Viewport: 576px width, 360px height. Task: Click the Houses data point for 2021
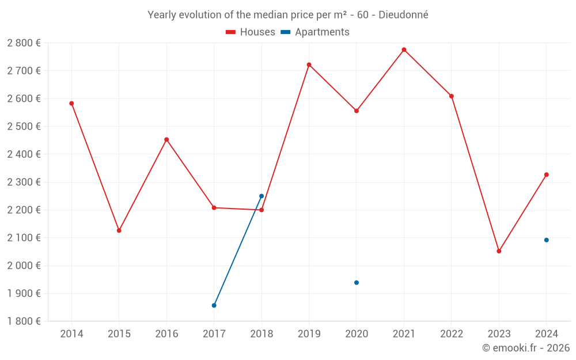tap(404, 50)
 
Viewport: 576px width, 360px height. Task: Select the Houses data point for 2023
tap(499, 251)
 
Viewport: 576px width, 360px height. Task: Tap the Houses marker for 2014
tap(71, 104)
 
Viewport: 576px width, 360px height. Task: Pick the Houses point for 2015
tap(119, 230)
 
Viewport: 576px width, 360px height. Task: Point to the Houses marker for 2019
tap(309, 65)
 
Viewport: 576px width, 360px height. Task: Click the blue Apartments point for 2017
tap(214, 305)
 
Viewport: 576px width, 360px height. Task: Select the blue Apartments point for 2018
tap(262, 196)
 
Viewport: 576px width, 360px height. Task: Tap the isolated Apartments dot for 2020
tap(357, 283)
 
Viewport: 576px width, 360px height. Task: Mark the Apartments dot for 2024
tap(546, 240)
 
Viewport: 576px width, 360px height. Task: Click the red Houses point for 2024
tap(546, 175)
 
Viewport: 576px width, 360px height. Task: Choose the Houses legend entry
tap(251, 32)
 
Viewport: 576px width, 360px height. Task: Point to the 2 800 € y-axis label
tap(24, 43)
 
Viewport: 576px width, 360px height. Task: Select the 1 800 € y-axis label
tap(24, 321)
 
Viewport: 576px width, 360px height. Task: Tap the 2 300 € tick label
tap(24, 182)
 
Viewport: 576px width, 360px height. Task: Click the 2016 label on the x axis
tap(166, 334)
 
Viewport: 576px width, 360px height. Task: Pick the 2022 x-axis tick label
tap(451, 334)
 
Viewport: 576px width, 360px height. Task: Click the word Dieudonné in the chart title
tap(403, 15)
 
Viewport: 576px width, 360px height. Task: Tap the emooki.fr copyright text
tap(526, 348)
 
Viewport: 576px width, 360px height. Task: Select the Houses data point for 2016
tap(166, 139)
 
